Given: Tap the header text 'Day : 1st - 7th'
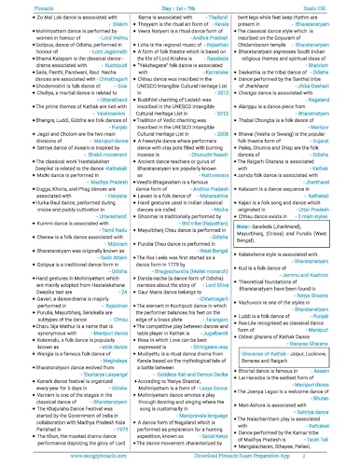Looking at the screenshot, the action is [177, 7].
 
